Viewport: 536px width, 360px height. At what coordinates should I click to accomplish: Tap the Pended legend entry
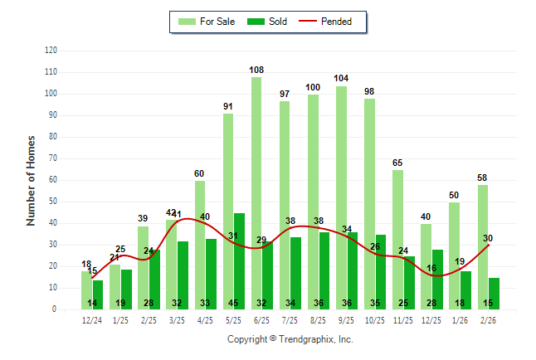[333, 22]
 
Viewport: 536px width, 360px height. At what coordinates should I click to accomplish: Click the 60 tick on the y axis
[53, 180]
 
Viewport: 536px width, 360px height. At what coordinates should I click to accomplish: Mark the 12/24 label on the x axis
[92, 319]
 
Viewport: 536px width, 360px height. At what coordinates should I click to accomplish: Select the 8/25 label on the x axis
[319, 319]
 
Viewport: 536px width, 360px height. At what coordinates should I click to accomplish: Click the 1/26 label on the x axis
[460, 319]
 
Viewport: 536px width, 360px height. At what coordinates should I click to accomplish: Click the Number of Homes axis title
[32, 180]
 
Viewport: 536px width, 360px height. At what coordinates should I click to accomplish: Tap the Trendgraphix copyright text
[290, 339]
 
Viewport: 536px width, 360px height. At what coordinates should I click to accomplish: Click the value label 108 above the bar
[256, 70]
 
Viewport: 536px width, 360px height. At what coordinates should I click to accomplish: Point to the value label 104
[341, 78]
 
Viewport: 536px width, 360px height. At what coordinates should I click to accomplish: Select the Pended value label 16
[431, 269]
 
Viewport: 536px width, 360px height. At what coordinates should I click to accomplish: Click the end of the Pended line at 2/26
[489, 245]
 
